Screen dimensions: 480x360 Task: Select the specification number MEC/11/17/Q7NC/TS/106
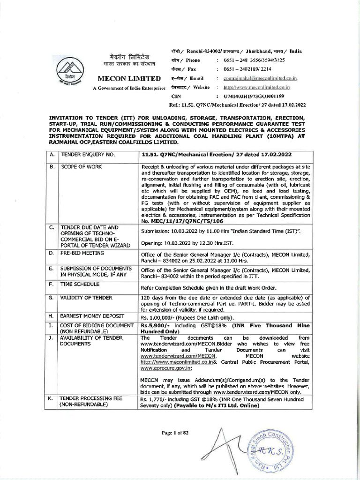(183, 220)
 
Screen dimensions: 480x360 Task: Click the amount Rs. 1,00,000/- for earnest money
(157, 317)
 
